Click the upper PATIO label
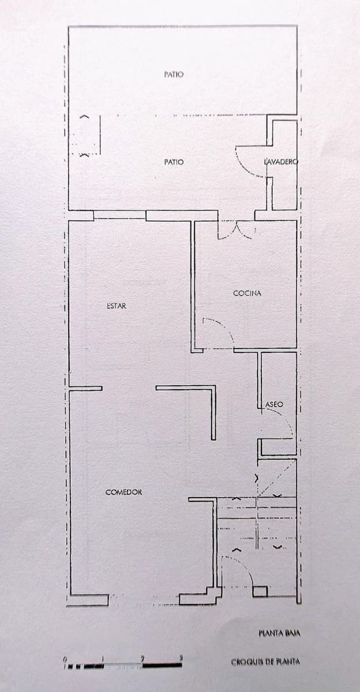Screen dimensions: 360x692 click(174, 74)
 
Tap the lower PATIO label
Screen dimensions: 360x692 click(174, 162)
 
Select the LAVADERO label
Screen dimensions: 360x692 click(281, 161)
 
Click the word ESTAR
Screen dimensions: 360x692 click(117, 306)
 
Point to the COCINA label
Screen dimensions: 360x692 click(247, 293)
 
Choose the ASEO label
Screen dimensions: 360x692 click(274, 404)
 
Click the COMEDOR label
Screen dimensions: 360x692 click(123, 492)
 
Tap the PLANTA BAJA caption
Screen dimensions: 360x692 click(279, 634)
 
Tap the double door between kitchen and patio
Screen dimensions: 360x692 click(237, 230)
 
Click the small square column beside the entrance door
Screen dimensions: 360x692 click(260, 591)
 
